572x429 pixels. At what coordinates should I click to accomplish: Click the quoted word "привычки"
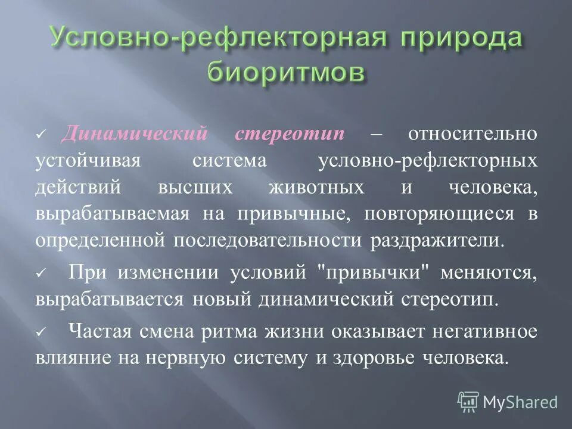pos(375,272)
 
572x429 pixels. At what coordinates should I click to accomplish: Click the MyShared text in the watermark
pos(520,402)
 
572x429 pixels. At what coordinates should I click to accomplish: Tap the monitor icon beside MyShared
pos(468,402)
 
